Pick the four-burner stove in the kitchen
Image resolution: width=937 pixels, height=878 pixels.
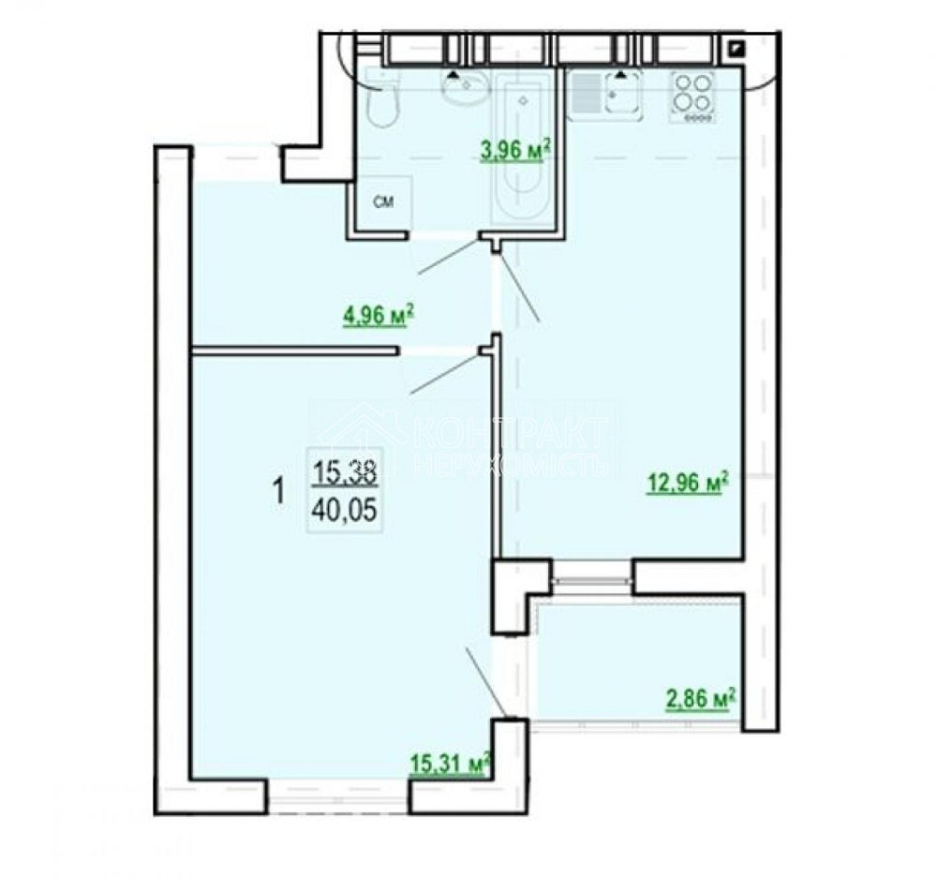click(x=692, y=97)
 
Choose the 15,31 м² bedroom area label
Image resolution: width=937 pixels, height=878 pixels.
click(x=451, y=764)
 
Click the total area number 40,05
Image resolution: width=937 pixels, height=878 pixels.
click(x=345, y=511)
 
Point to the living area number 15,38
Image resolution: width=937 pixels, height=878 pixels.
click(x=345, y=475)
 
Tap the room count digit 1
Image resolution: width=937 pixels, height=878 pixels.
click(x=277, y=491)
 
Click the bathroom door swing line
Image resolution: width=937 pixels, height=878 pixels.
click(x=448, y=256)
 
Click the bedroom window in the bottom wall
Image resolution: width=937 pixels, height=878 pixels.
click(x=338, y=796)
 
